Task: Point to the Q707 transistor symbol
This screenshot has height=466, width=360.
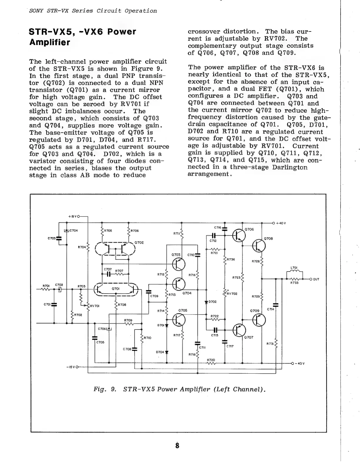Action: click(x=239, y=330)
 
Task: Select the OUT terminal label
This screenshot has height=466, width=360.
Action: click(x=316, y=279)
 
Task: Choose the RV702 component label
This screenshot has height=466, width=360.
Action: click(x=232, y=294)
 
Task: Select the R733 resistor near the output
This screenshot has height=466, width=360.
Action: click(x=295, y=279)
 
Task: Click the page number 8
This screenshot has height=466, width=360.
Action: click(x=177, y=445)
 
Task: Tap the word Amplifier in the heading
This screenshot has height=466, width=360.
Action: click(x=50, y=42)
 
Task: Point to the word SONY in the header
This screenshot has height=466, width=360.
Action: click(x=36, y=11)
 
